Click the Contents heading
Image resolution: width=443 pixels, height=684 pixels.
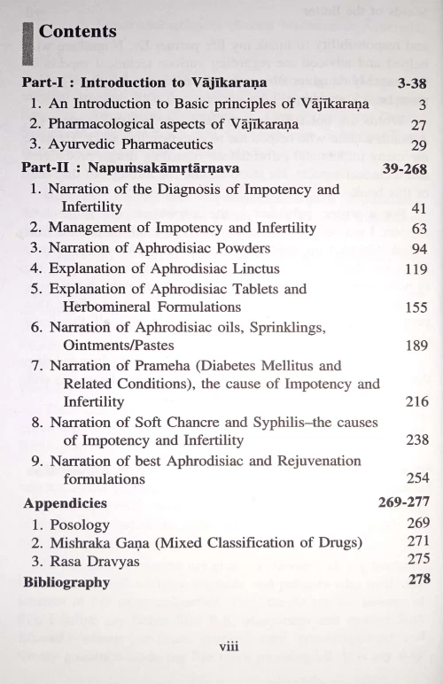(78, 31)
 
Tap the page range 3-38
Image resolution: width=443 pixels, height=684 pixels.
(405, 83)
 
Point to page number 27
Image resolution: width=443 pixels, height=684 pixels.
(419, 125)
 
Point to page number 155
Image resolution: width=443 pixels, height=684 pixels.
(416, 307)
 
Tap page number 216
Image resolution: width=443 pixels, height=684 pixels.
(416, 402)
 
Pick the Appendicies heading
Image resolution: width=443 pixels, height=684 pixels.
(66, 503)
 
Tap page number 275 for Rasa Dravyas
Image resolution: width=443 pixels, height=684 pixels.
(418, 560)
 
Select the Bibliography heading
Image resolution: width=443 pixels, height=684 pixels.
(66, 582)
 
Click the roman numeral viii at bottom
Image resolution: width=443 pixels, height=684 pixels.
(228, 647)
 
